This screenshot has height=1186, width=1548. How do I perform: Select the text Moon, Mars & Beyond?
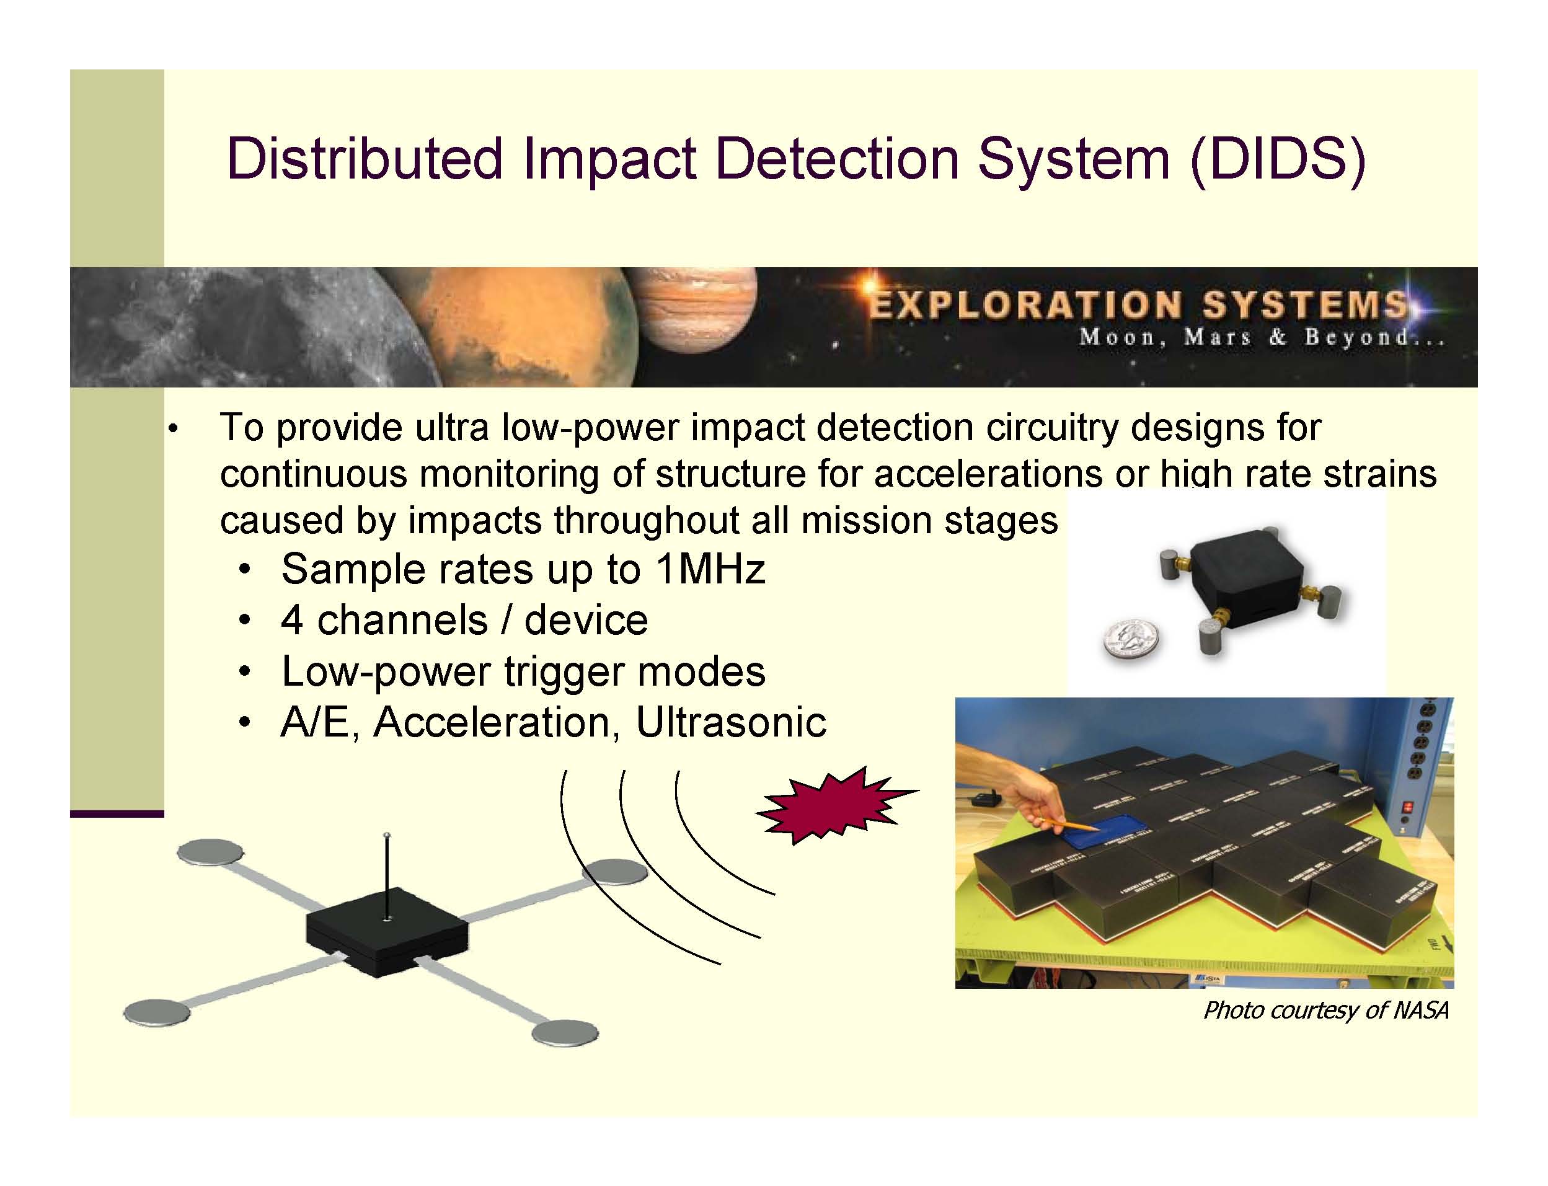coord(1260,337)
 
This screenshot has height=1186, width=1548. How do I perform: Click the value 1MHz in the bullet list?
coord(709,569)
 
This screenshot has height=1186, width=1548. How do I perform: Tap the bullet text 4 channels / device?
coord(464,621)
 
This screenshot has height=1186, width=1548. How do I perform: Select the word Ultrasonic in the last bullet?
coord(730,722)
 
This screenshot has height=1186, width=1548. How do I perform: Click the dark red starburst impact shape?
coord(834,805)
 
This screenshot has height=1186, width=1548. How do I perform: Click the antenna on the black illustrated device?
coord(386,875)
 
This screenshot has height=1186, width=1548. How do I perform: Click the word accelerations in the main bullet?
coord(988,474)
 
